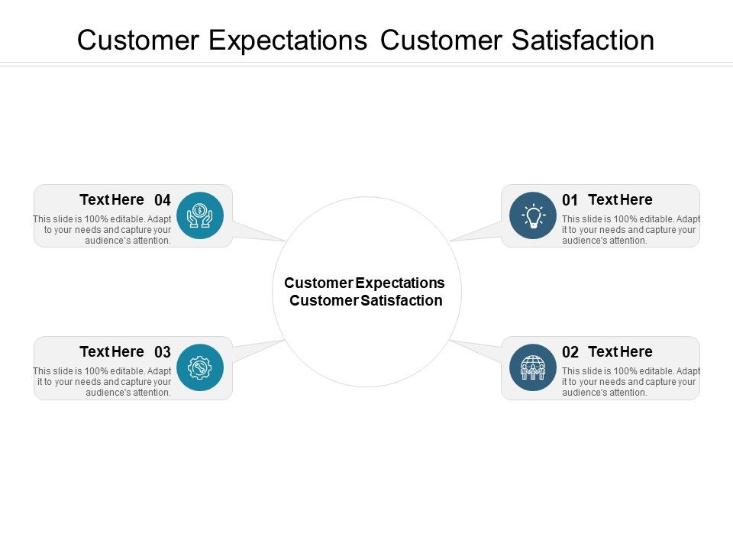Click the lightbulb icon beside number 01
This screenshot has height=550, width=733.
pyautogui.click(x=533, y=215)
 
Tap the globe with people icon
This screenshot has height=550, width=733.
pyautogui.click(x=533, y=367)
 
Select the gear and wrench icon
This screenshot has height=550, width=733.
pyautogui.click(x=199, y=367)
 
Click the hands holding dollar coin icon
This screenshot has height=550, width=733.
pyautogui.click(x=199, y=215)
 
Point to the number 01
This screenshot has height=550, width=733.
pyautogui.click(x=570, y=201)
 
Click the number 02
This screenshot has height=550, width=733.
pyautogui.click(x=570, y=353)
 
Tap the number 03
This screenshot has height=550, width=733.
pyautogui.click(x=163, y=353)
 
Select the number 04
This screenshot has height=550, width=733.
pyautogui.click(x=163, y=201)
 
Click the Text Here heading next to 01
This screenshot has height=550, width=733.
pyautogui.click(x=620, y=200)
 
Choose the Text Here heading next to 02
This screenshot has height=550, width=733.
pyautogui.click(x=620, y=352)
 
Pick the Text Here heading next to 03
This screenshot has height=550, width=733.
pyautogui.click(x=111, y=352)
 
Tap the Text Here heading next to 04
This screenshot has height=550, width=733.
pyautogui.click(x=111, y=200)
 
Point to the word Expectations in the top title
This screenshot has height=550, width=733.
pyautogui.click(x=288, y=40)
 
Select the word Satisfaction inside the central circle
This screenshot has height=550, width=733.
pyautogui.click(x=402, y=301)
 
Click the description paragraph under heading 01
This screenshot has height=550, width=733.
pyautogui.click(x=630, y=230)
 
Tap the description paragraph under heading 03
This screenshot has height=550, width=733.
pyautogui.click(x=103, y=382)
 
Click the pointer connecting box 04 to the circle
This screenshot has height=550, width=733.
pyautogui.click(x=255, y=231)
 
